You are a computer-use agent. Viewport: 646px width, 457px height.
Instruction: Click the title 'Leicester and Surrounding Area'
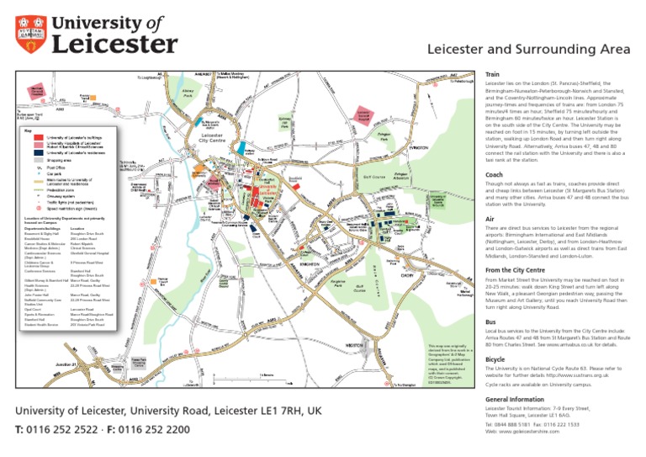point(528,50)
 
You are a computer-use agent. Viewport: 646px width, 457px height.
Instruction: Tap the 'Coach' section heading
point(496,175)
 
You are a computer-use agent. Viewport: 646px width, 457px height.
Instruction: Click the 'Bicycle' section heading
point(496,359)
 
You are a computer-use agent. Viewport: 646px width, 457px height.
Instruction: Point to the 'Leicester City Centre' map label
point(212,139)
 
